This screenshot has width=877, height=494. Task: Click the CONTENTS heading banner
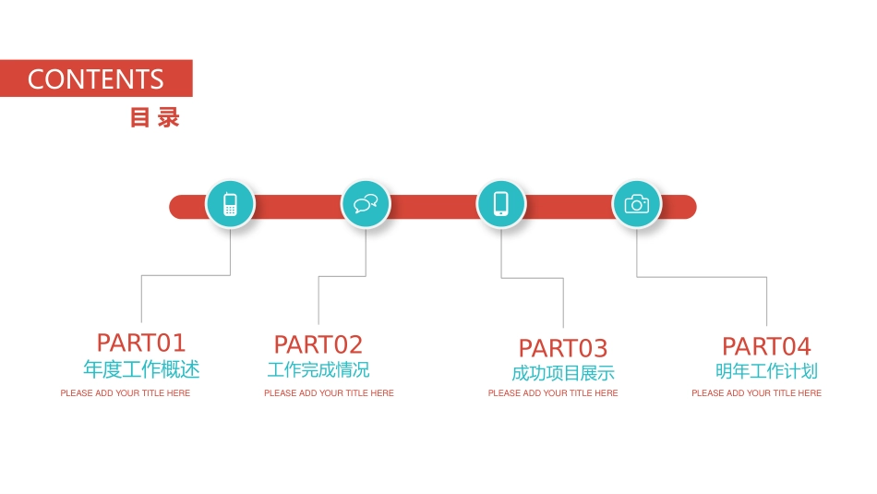click(96, 78)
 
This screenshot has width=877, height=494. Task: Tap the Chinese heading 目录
click(154, 118)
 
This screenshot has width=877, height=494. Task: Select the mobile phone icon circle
click(230, 204)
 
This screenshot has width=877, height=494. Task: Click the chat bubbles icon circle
click(366, 204)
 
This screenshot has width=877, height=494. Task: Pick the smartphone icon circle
click(501, 204)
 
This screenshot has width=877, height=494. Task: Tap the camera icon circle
click(637, 204)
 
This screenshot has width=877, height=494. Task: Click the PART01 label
click(141, 343)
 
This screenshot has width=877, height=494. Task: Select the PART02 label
click(318, 344)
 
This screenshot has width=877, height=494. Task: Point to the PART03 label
click(563, 348)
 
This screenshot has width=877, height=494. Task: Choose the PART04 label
click(766, 346)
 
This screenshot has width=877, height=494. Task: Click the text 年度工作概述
click(141, 369)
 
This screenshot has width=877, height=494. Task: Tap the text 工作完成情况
click(318, 369)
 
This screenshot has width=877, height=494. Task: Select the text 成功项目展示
click(563, 373)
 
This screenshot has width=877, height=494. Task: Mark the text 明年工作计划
click(766, 371)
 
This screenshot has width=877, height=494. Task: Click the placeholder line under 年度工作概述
click(126, 393)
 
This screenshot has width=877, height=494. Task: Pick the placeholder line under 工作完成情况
click(329, 393)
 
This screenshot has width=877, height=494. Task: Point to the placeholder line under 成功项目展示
click(553, 393)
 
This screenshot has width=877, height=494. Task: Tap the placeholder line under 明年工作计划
click(756, 393)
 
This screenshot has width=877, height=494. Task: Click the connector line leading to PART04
click(702, 277)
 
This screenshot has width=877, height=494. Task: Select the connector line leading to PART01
click(185, 275)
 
